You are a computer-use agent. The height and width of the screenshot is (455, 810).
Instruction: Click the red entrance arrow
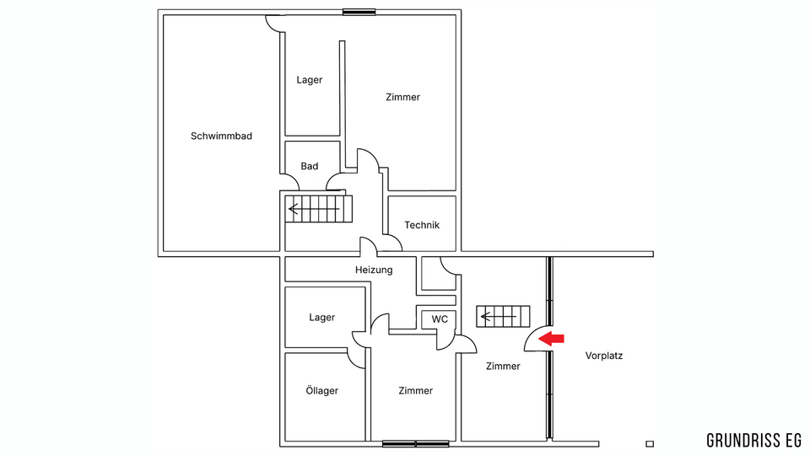551,339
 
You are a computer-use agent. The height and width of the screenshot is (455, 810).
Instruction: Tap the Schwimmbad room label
221,136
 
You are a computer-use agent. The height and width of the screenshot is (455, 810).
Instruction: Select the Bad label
310,166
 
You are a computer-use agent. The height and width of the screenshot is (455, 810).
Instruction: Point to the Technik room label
422,225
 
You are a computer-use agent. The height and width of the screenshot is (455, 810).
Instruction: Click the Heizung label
374,270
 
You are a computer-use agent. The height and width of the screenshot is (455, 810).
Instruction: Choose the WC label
440,319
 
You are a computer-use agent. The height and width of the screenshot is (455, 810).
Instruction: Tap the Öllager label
321,390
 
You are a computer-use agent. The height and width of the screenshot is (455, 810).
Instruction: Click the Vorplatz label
604,356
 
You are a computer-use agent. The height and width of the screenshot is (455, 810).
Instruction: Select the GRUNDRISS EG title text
753,441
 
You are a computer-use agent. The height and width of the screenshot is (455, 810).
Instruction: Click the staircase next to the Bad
319,209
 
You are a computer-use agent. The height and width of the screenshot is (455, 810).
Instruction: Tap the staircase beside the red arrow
503,316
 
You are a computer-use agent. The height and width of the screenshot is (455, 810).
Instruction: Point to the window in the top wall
359,12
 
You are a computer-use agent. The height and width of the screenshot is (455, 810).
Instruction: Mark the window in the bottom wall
415,444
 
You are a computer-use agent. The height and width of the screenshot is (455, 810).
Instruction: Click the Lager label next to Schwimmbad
310,80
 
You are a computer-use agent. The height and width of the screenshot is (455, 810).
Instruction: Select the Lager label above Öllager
321,318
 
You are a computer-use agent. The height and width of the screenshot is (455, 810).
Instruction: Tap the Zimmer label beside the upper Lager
403,97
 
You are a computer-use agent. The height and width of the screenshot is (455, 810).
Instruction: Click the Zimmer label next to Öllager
416,390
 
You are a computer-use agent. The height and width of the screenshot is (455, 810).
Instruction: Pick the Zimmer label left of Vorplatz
503,366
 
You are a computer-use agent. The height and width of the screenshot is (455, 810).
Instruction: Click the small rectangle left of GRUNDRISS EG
650,444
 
